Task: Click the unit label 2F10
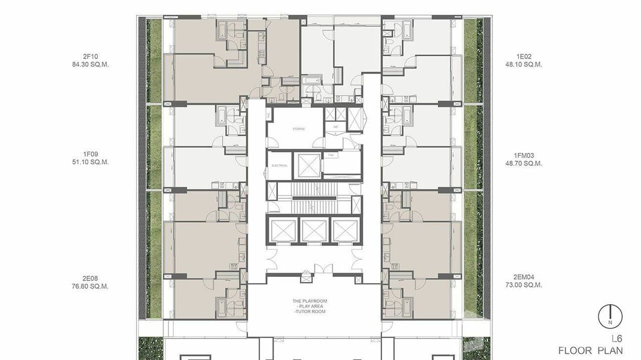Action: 90,56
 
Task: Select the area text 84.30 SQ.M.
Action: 90,64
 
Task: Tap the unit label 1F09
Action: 90,154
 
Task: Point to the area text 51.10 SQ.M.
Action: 90,162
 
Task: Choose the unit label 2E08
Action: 90,278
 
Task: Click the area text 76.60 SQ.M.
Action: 90,286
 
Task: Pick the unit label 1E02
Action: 523,56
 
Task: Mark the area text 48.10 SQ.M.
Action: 523,64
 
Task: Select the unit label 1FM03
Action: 523,155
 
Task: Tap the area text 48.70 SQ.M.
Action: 523,163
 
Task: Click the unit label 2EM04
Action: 523,277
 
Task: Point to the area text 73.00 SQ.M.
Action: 523,285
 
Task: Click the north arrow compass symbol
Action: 610,317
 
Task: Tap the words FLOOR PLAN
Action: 590,351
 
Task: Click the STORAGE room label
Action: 299,129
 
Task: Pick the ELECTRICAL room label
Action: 279,166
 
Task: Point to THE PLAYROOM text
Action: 310,301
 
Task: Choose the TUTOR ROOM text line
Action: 310,312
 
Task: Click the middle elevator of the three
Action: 314,231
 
